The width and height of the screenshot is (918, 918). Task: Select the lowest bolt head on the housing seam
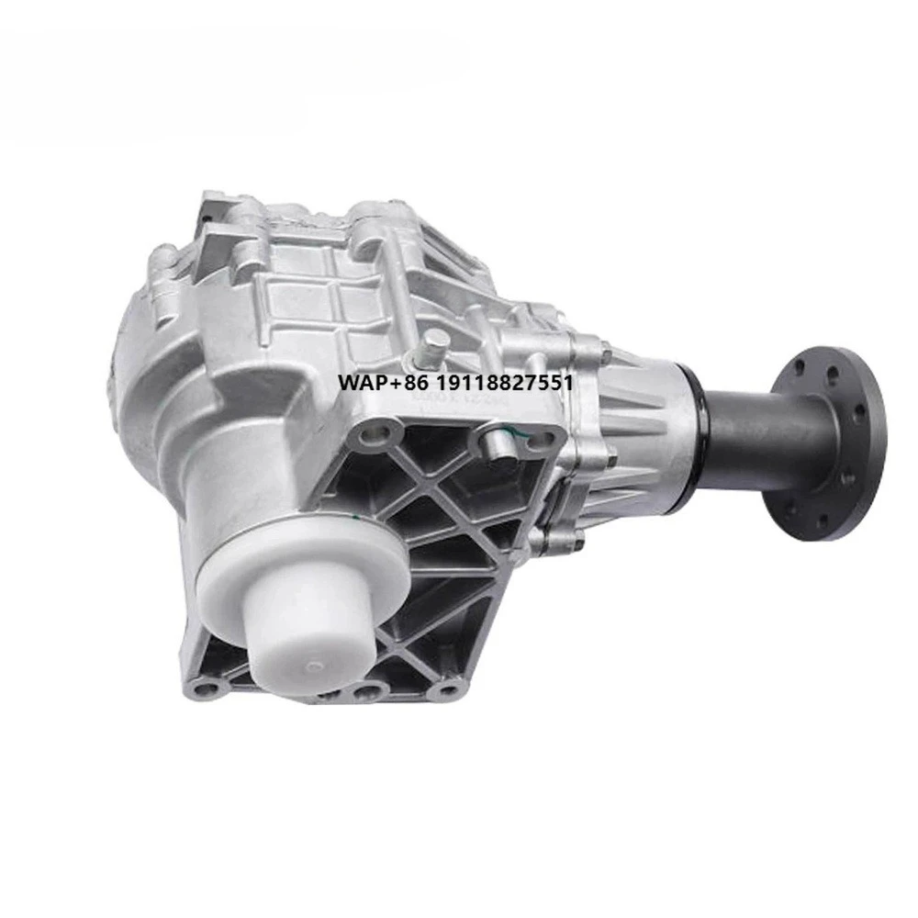(577, 543)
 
